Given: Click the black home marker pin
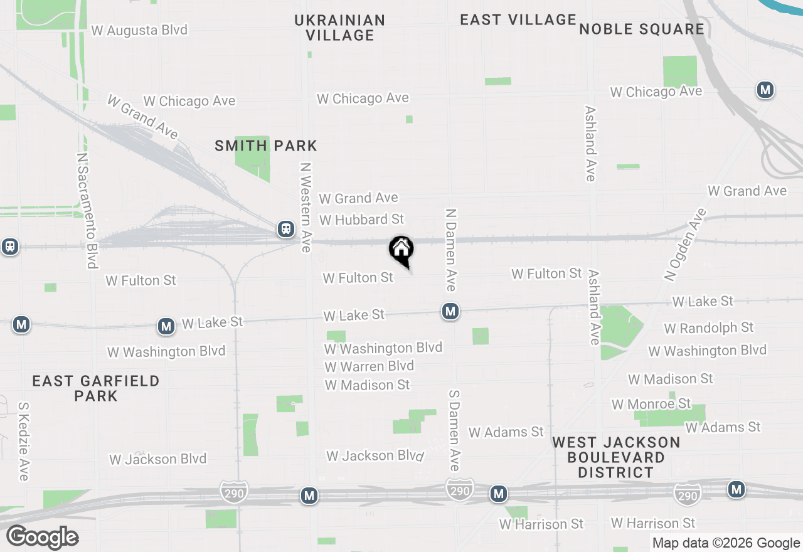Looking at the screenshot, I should coord(401,250).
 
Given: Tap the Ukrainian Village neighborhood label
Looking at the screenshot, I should coord(340,28).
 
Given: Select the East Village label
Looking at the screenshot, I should coord(518,19).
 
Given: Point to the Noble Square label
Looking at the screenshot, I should coord(642,29).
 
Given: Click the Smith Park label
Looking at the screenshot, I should coord(266,146).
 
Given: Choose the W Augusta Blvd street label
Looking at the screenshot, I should coord(139,29).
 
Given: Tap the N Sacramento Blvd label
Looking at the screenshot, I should coord(86,210).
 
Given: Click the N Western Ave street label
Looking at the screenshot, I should coord(306,208).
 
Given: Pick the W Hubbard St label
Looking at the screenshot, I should coord(361,220).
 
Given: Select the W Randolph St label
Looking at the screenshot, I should coord(708,327).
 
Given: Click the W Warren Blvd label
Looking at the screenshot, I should coord(370,366).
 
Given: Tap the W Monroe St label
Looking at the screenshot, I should coord(651,403).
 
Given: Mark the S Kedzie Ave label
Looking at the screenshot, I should coord(24,442).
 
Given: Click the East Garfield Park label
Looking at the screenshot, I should coord(96,388).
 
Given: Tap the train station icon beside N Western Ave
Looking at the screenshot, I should coord(286,230).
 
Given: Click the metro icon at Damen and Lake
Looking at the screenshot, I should coord(450,311).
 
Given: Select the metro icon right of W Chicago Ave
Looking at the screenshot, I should coord(764,90).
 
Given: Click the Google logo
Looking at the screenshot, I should coord(43,538).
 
